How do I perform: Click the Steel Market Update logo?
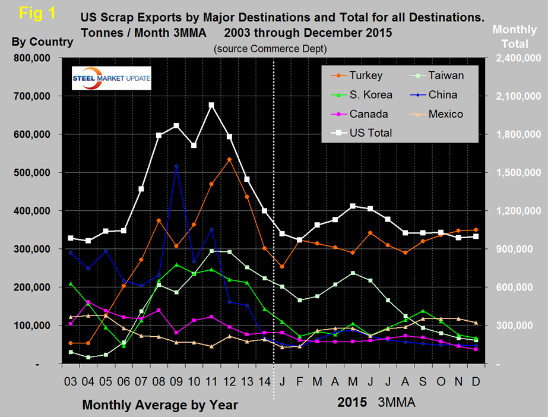112,78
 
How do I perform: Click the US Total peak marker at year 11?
211,105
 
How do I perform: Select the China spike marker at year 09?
176,167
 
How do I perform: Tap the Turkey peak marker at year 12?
229,159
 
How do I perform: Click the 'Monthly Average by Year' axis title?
160,405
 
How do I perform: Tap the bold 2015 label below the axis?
353,402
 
